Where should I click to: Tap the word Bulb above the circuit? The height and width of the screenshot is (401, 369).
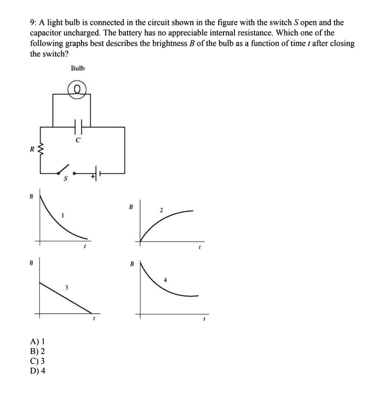point(77,69)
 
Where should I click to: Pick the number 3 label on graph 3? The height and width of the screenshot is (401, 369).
point(66,288)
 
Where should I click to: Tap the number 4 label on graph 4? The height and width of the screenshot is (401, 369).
point(166,280)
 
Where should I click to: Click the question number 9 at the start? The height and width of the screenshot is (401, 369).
point(32,23)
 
